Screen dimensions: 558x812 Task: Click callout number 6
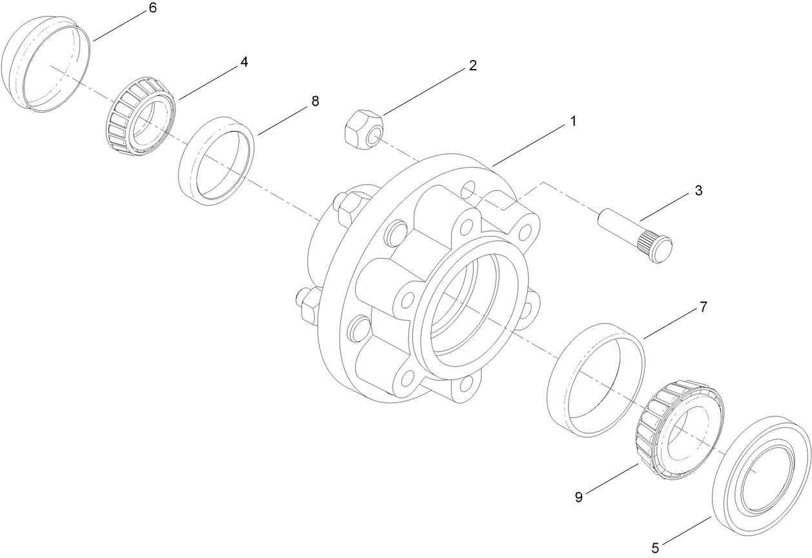pos(152,8)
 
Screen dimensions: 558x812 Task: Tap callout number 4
pos(244,62)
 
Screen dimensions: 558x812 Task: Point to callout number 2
pos(473,65)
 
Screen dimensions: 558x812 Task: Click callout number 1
pos(573,121)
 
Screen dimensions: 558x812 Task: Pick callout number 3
pos(698,191)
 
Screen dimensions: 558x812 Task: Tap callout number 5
pos(655,548)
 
